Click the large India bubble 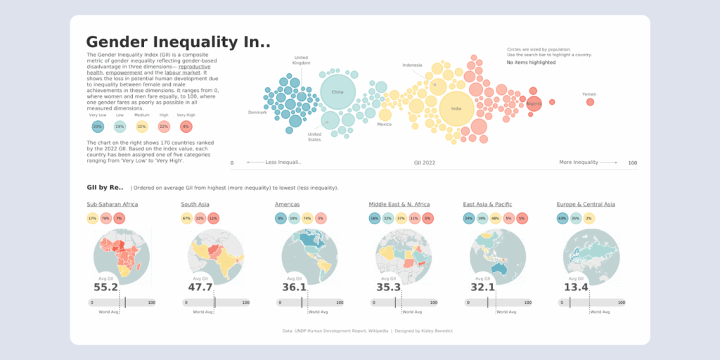click(456, 109)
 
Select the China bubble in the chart click(337, 92)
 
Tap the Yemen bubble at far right click(590, 103)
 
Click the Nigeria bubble click(534, 104)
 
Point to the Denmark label click(257, 112)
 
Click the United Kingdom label click(301, 60)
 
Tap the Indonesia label click(413, 65)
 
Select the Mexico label click(384, 124)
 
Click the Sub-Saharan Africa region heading click(112, 205)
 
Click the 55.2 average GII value click(105, 287)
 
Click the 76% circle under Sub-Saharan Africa click(105, 219)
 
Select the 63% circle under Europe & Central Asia click(562, 219)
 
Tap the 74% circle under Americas click(307, 219)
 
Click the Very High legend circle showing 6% click(186, 127)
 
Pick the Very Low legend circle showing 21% click(98, 127)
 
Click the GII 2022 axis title click(425, 162)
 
